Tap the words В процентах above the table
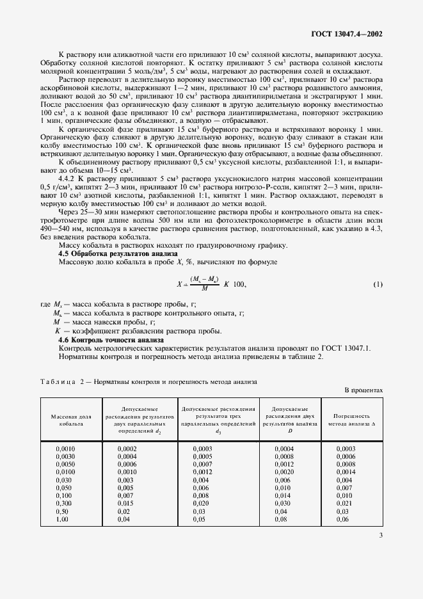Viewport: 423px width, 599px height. (363, 390)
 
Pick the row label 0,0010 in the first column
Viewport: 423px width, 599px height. (66, 449)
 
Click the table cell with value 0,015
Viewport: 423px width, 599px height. (126, 503)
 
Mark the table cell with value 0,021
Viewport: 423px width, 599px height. (344, 503)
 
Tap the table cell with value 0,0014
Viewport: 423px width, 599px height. (346, 472)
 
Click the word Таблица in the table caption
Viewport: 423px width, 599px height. (58, 381)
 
